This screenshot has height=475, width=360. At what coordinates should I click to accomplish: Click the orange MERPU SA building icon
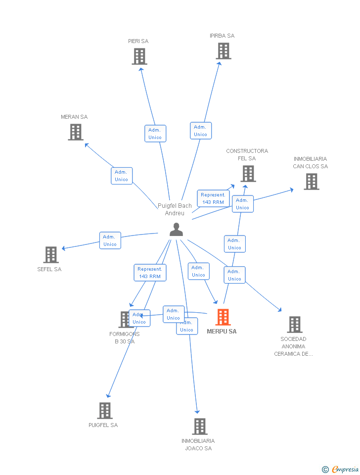tap(223, 317)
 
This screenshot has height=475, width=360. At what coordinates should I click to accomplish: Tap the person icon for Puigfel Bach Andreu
tap(176, 230)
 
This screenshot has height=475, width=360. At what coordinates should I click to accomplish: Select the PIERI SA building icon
tap(139, 56)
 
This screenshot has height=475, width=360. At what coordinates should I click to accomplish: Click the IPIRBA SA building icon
tap(224, 51)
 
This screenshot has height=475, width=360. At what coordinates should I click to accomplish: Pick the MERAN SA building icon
tap(76, 132)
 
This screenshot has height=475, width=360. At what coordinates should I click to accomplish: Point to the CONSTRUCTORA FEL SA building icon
tap(248, 174)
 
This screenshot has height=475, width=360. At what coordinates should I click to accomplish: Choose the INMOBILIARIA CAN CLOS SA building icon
tap(311, 182)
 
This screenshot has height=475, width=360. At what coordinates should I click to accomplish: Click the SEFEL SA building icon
tap(51, 255)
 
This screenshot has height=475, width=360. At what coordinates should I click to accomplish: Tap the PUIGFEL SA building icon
tap(105, 411)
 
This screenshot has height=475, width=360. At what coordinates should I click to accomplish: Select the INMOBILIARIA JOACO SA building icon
tap(199, 427)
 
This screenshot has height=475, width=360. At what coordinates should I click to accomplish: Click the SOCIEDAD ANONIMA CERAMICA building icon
tap(295, 325)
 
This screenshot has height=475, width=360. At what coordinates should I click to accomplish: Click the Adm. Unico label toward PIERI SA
tap(155, 134)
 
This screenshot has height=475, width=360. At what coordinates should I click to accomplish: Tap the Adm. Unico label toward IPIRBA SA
tap(201, 131)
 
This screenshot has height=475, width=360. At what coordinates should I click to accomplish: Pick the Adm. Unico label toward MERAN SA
tap(122, 176)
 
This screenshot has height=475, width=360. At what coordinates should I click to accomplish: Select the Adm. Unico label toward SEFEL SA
tap(110, 240)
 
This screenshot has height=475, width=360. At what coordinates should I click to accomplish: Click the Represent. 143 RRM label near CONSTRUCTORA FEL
tap(213, 198)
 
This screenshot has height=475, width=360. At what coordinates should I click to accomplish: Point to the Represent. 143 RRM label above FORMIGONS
tap(150, 273)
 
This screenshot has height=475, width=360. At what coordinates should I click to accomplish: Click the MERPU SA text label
tap(222, 332)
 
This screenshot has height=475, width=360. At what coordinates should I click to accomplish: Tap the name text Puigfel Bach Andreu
tap(175, 209)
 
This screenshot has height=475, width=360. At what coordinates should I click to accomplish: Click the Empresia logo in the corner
tap(341, 469)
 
